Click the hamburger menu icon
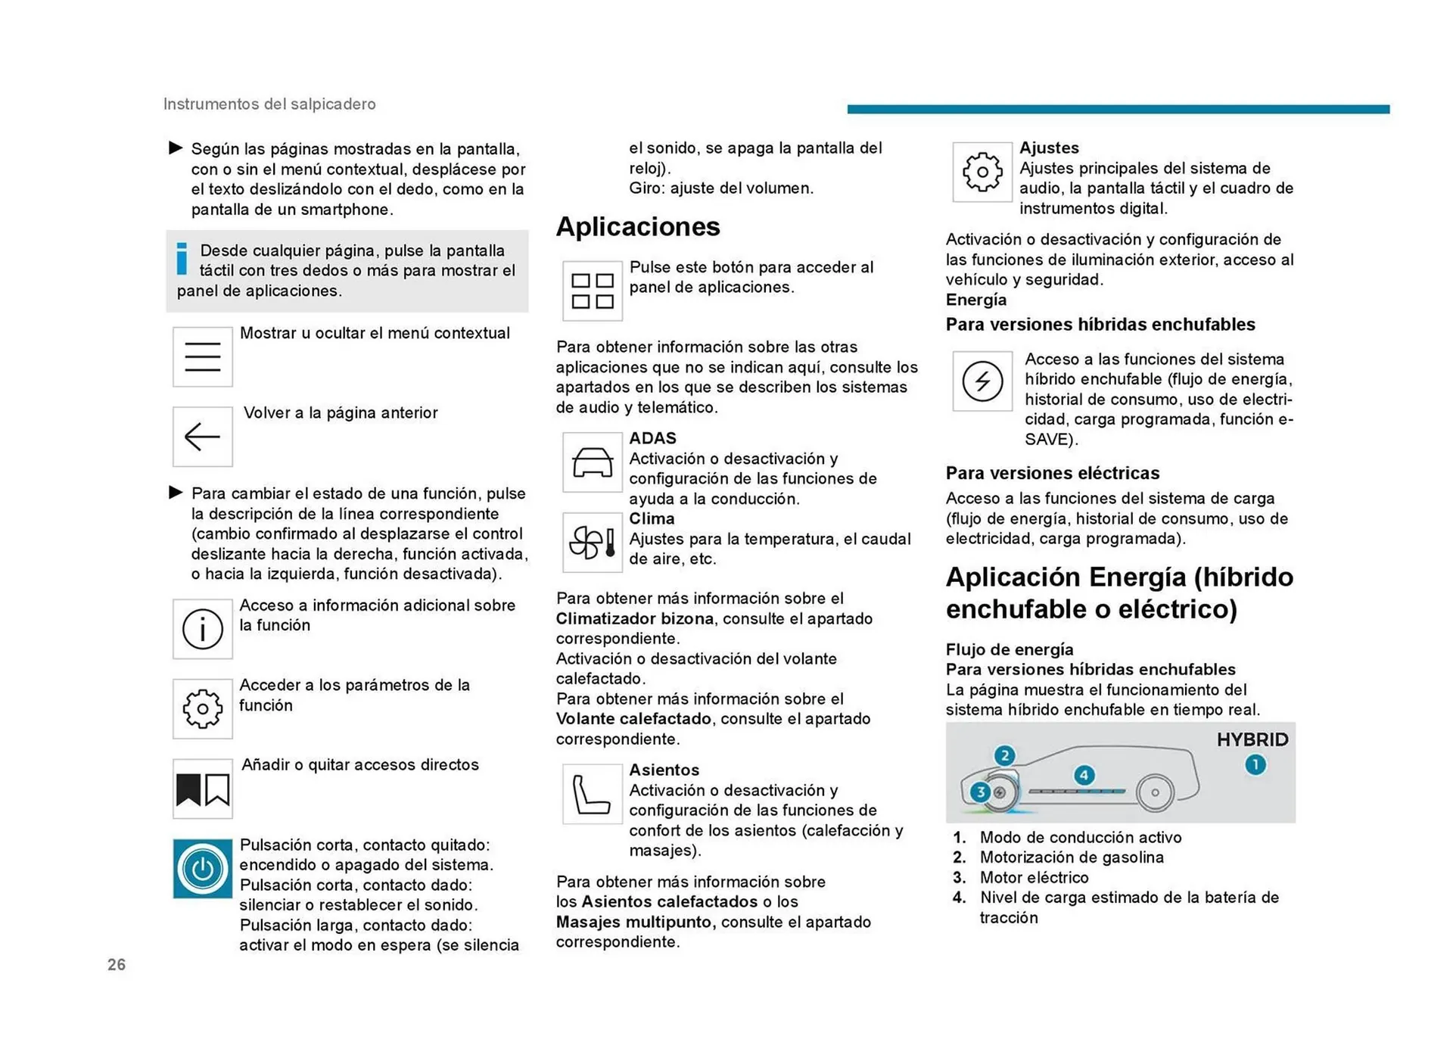point(202,356)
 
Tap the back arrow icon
point(202,437)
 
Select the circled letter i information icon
point(202,629)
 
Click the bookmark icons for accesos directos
point(202,789)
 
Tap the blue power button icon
point(202,869)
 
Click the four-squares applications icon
point(593,291)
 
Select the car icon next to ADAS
point(593,462)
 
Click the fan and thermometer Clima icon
point(593,543)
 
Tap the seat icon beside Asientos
point(593,794)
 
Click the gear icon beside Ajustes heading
point(982,172)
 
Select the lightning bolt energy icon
point(982,381)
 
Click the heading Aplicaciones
point(638,226)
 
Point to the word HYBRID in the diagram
point(1252,739)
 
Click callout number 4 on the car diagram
point(1084,775)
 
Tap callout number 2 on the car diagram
point(1004,755)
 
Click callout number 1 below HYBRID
point(1255,765)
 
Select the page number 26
point(117,964)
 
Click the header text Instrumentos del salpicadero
point(269,104)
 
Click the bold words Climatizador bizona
point(634,618)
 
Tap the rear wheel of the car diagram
point(1155,792)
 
